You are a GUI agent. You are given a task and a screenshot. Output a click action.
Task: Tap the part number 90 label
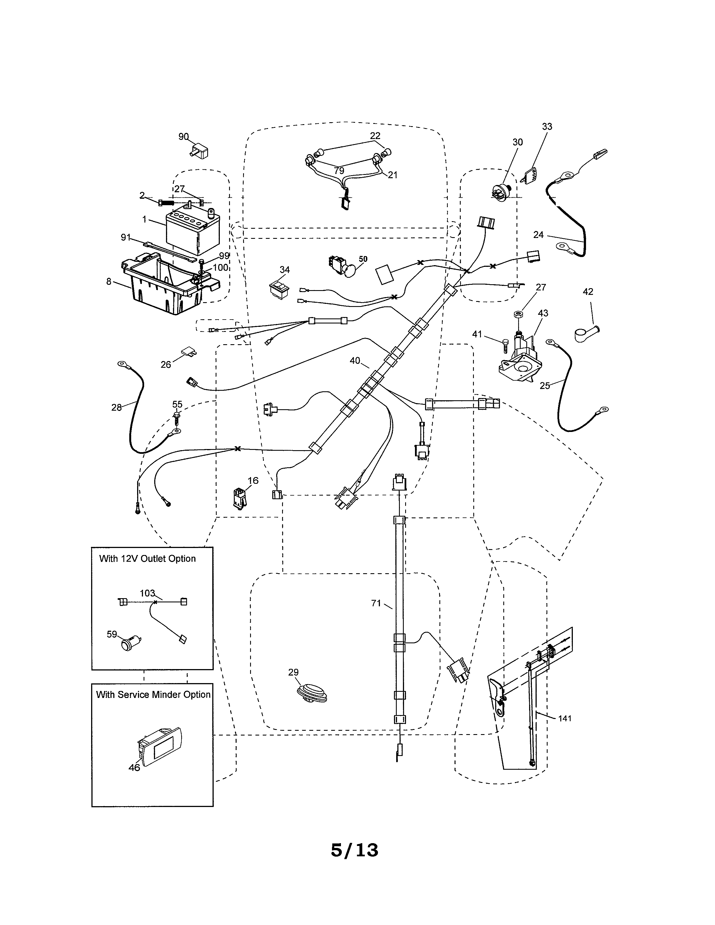(183, 137)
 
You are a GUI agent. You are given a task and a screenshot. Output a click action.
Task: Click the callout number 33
(547, 126)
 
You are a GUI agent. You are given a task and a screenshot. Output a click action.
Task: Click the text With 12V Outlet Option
(147, 559)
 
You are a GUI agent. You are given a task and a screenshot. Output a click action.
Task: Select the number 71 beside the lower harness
(376, 603)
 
